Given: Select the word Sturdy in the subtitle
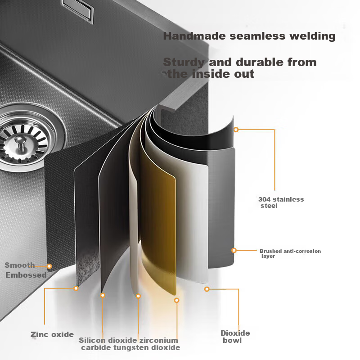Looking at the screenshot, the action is pyautogui.click(x=184, y=63).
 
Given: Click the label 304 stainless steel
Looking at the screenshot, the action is pyautogui.click(x=281, y=202).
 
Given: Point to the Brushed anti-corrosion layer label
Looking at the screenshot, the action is pyautogui.click(x=290, y=253).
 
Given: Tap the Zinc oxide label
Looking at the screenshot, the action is pyautogui.click(x=52, y=334).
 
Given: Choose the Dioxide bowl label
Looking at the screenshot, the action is pyautogui.click(x=235, y=337).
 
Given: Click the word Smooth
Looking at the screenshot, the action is pyautogui.click(x=20, y=265).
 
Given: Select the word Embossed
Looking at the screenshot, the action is pyautogui.click(x=26, y=275).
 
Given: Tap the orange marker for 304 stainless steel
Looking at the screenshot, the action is pyautogui.click(x=236, y=130).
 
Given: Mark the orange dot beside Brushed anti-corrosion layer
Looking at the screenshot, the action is pyautogui.click(x=234, y=250).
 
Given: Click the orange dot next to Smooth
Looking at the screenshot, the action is pyautogui.click(x=49, y=266).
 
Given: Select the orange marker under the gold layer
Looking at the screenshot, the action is pyautogui.click(x=176, y=300).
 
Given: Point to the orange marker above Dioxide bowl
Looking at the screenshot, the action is pyautogui.click(x=207, y=289).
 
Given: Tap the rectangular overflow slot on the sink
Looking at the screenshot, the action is pyautogui.click(x=77, y=10).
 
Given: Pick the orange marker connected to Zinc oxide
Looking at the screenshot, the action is pyautogui.click(x=76, y=288).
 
